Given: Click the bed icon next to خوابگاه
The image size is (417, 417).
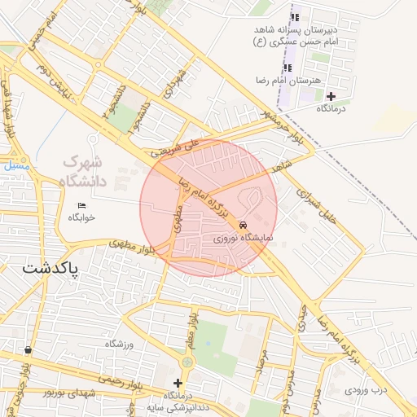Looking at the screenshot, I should pyautogui.click(x=81, y=204).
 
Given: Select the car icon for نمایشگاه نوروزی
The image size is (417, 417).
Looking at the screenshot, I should pyautogui.click(x=244, y=226).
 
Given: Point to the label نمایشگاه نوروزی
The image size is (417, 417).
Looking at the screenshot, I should pyautogui.click(x=244, y=239).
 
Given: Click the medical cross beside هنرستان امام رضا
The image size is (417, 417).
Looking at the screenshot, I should pyautogui.click(x=331, y=97).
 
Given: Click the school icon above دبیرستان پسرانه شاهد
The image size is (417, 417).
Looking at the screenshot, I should pyautogui.click(x=295, y=17).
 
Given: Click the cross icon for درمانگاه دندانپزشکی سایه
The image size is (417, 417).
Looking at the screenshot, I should pyautogui.click(x=178, y=383).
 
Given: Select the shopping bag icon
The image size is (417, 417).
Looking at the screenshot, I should pyautogui.click(x=29, y=350).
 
